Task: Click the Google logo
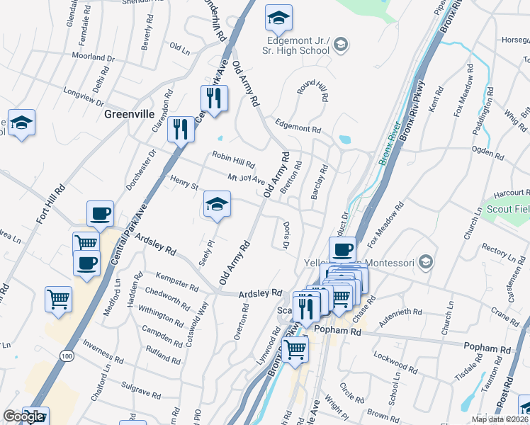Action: tap(23, 416)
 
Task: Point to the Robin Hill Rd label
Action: tap(233, 159)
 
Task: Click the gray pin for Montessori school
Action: tap(425, 262)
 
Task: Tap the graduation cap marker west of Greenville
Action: tap(21, 123)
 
